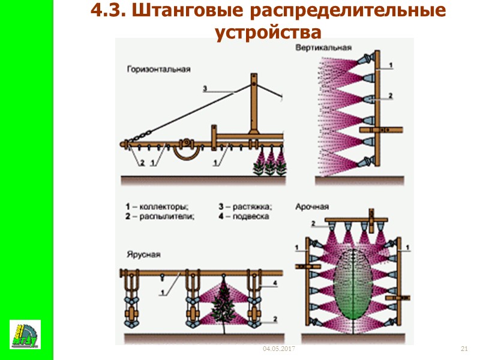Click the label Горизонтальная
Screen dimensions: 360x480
[158, 69]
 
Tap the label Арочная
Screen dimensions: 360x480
[312, 206]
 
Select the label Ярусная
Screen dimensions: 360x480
[143, 254]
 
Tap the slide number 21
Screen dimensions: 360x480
[464, 349]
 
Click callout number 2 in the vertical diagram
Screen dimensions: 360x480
[390, 95]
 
